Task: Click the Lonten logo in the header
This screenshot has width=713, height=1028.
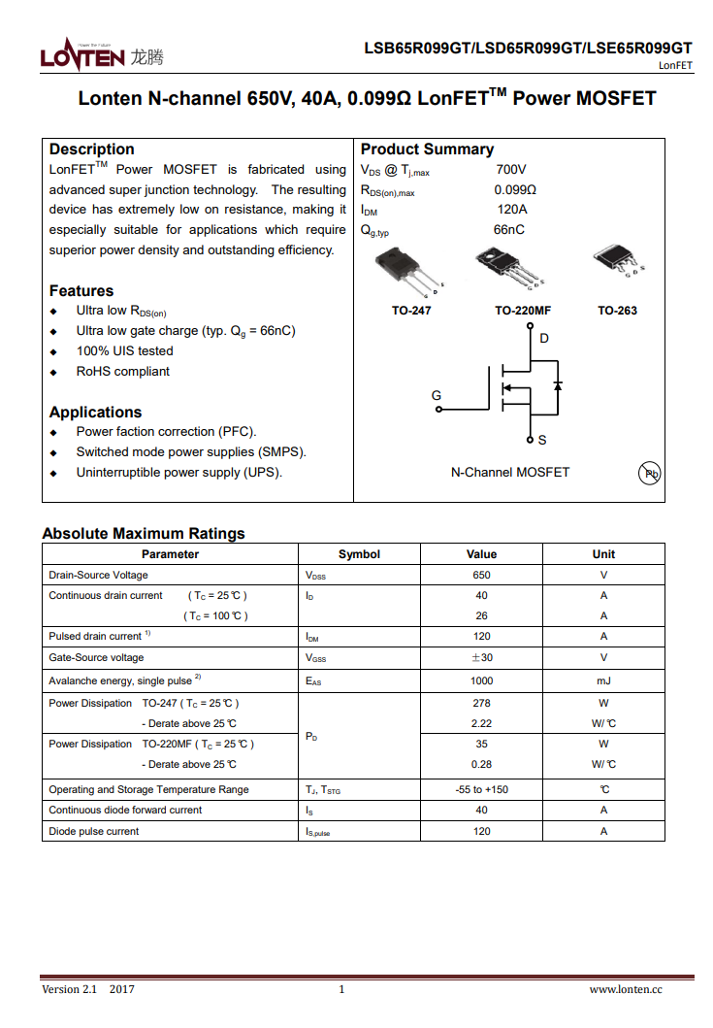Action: [x=101, y=56]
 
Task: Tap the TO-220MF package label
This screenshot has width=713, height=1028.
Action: [x=523, y=311]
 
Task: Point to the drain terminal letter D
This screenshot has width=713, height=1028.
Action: [x=544, y=339]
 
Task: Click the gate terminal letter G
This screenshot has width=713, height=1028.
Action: [x=437, y=395]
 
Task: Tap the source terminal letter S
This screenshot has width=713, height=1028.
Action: [x=542, y=441]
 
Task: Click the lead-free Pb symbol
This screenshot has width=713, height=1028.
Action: [x=650, y=474]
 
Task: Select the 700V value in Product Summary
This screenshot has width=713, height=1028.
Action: [x=510, y=170]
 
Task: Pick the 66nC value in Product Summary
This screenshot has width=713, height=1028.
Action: [x=508, y=230]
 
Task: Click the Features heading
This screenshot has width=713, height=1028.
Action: [x=81, y=291]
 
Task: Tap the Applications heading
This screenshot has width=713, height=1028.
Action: [x=95, y=413]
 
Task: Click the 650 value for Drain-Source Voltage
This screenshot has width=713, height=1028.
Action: [x=481, y=575]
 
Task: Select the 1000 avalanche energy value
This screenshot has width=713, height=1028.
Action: [x=481, y=681]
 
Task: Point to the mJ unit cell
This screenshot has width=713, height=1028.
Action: [x=603, y=681]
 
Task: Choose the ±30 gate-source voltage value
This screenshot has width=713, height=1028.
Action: [x=481, y=657]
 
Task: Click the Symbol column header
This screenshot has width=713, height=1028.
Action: [x=359, y=554]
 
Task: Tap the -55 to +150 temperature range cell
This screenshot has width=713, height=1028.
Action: [x=481, y=789]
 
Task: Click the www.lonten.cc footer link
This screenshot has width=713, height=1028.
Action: [x=626, y=989]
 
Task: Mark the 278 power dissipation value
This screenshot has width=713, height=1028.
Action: [x=481, y=703]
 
